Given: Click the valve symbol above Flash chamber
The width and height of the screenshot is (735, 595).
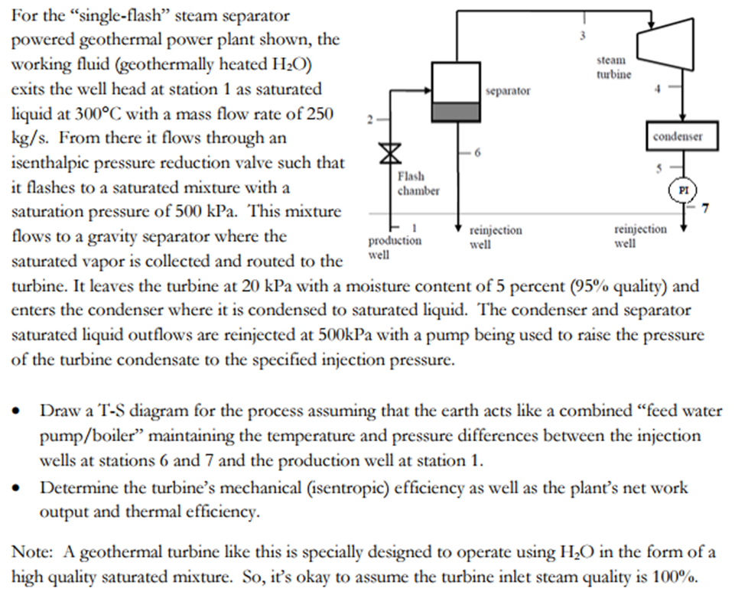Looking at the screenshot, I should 391,153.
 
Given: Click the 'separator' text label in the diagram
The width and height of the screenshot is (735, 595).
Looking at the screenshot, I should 509,90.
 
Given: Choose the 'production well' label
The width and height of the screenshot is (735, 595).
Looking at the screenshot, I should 395,245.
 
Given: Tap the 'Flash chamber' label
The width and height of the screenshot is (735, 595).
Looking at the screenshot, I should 418,184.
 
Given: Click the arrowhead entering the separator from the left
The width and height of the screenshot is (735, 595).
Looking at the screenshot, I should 429,89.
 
